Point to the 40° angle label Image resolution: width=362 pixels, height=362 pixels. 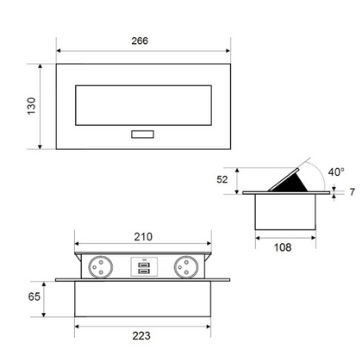pyautogui.click(x=335, y=171)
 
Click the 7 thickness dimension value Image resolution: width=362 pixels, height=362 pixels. pyautogui.click(x=351, y=191)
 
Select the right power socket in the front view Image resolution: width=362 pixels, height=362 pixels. pyautogui.click(x=188, y=266)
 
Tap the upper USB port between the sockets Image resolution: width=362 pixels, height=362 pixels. pyautogui.click(x=143, y=264)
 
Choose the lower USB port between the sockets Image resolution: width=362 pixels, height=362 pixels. pyautogui.click(x=143, y=272)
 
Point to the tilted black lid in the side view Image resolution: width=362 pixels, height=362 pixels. pyautogui.click(x=291, y=178)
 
